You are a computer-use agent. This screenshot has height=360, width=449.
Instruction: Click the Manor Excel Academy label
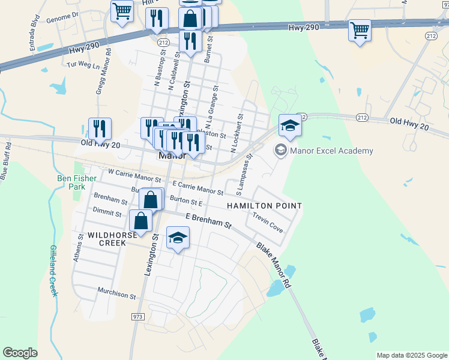coord(331,151)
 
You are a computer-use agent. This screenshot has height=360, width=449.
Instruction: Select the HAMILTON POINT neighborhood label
coord(264,206)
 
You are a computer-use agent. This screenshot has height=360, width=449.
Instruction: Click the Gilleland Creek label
coord(53,271)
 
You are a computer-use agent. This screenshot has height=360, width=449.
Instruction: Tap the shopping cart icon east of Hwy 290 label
coord(360,30)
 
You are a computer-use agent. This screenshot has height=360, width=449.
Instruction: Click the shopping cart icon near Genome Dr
coord(122,11)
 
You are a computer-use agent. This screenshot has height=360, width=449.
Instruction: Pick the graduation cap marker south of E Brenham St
coord(177,239)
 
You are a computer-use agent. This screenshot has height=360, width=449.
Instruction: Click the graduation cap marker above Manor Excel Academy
coord(290,126)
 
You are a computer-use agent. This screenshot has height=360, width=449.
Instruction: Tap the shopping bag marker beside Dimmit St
coord(140,221)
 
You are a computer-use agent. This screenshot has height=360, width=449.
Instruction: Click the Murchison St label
coord(118,295)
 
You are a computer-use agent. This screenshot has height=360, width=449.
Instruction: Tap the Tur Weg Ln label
coord(83,64)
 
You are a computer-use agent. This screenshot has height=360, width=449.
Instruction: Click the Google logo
coord(20,353)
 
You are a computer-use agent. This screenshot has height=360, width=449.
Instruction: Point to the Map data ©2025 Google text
coord(411,355)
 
